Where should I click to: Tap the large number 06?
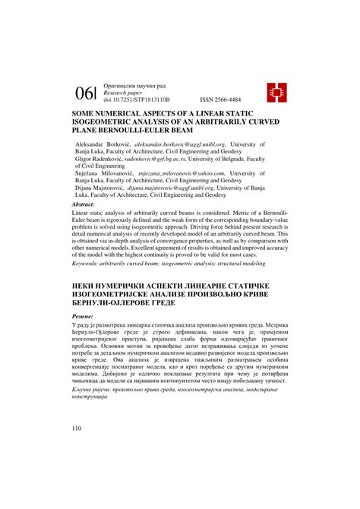[x=84, y=92]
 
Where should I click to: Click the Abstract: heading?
[x=83, y=205]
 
